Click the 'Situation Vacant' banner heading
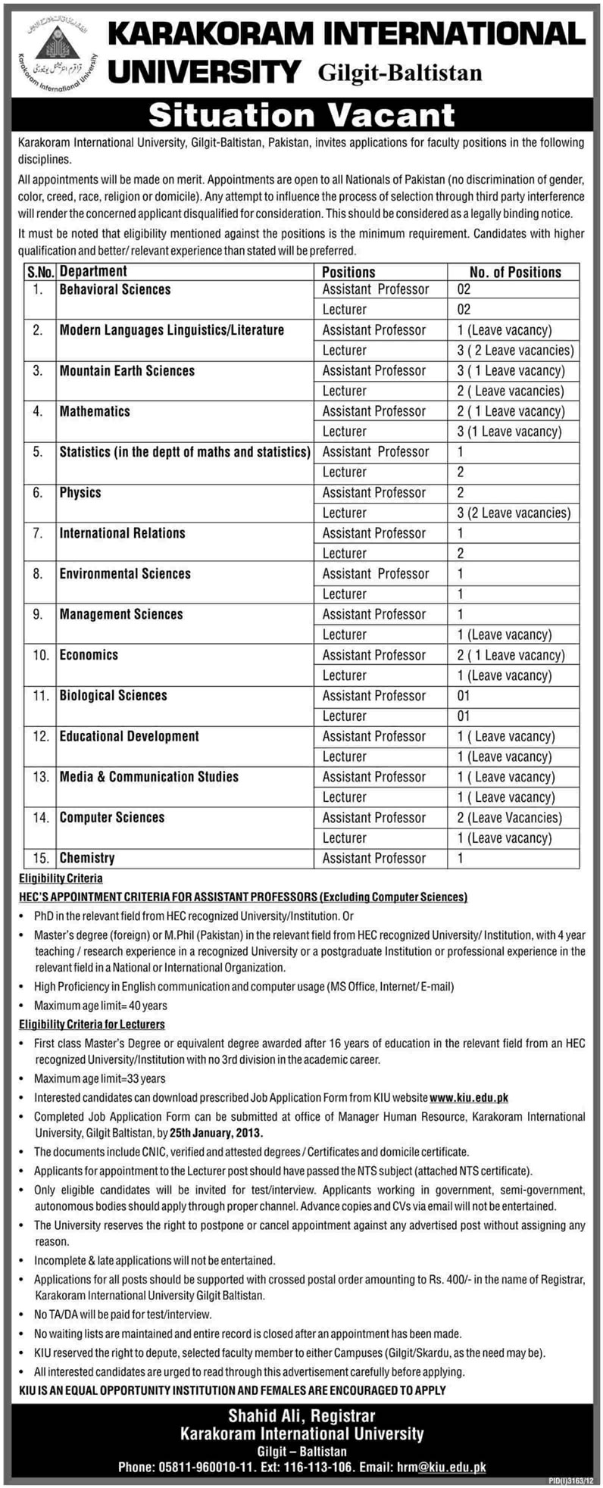pos(301,114)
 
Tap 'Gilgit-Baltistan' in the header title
pos(401,73)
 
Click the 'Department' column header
pos(93,271)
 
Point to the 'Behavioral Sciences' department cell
pos(115,289)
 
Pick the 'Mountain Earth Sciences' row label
pos(127,370)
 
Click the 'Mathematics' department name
pos(95,411)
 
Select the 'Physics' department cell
pos(80,492)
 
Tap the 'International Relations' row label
pos(122,533)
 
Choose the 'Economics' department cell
pos(89,655)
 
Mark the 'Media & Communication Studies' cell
pos(149,777)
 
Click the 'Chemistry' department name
pos(87,858)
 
